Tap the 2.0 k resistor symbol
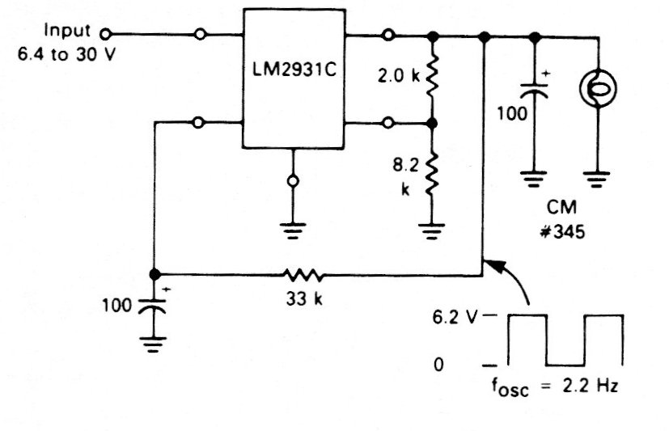432,78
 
